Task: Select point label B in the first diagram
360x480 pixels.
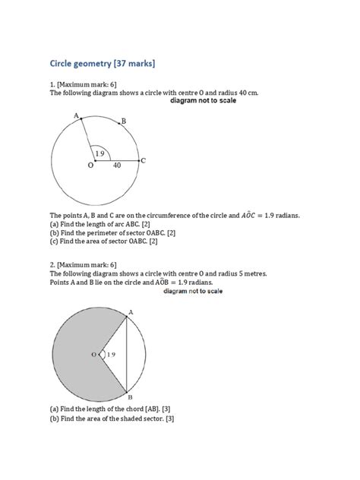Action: [x=123, y=121]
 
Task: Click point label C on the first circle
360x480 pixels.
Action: [x=143, y=160]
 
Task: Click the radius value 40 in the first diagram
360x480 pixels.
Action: [x=117, y=165]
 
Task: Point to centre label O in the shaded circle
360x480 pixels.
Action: [x=94, y=354]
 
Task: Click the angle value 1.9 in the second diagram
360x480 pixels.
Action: [x=111, y=355]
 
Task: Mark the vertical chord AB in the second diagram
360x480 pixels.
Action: [x=126, y=354]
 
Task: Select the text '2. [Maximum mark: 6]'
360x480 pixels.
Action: [x=84, y=264]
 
